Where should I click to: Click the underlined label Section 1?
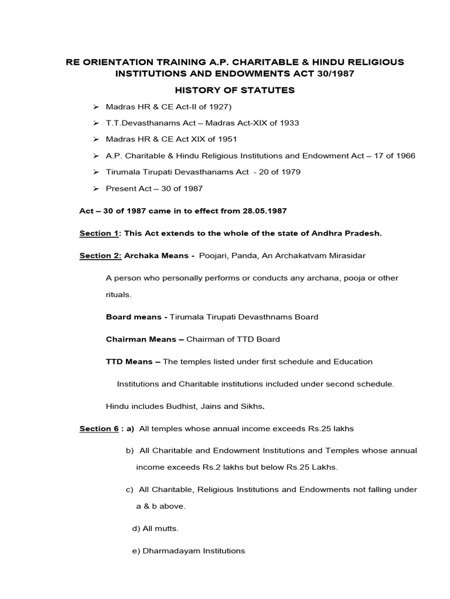pos(98,233)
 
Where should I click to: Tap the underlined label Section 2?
pos(100,256)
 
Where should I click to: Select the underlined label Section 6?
pos(98,429)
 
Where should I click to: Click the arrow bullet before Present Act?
pos(96,189)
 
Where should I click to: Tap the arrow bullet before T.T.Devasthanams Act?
pos(96,123)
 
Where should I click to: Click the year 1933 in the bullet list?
pos(289,123)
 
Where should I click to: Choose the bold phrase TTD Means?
pos(130,362)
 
